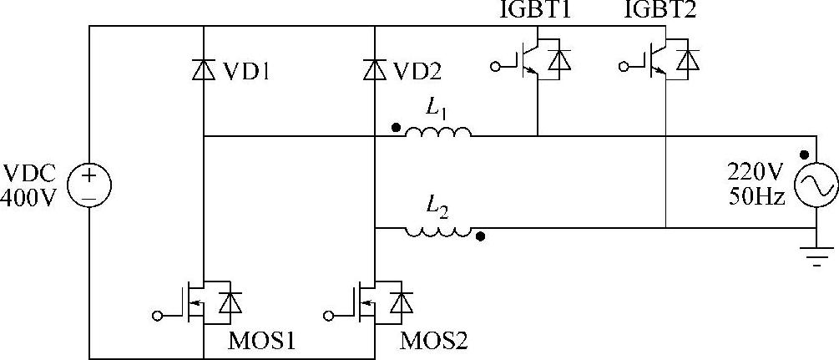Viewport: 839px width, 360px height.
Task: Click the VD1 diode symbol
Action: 204,71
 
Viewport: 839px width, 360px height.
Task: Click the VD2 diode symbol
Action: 375,71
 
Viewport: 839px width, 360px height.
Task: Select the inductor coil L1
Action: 437,132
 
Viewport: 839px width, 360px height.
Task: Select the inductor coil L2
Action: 437,231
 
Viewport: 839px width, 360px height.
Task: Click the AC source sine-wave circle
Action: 816,186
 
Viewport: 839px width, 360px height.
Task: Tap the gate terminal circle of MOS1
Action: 157,314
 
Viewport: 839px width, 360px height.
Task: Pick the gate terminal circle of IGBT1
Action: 496,65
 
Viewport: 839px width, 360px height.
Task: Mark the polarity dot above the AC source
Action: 804,155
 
